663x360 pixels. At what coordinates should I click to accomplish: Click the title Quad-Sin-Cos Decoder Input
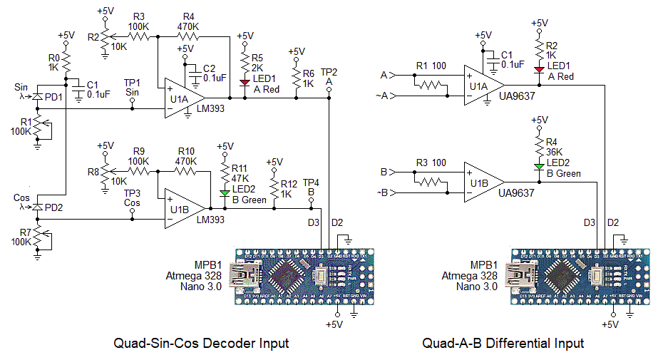point(201,343)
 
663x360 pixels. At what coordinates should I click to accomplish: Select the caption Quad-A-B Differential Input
point(503,343)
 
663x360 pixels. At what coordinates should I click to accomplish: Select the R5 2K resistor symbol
point(245,59)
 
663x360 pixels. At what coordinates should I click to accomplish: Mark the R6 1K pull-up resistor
point(297,74)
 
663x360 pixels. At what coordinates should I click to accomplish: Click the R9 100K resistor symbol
point(138,171)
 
